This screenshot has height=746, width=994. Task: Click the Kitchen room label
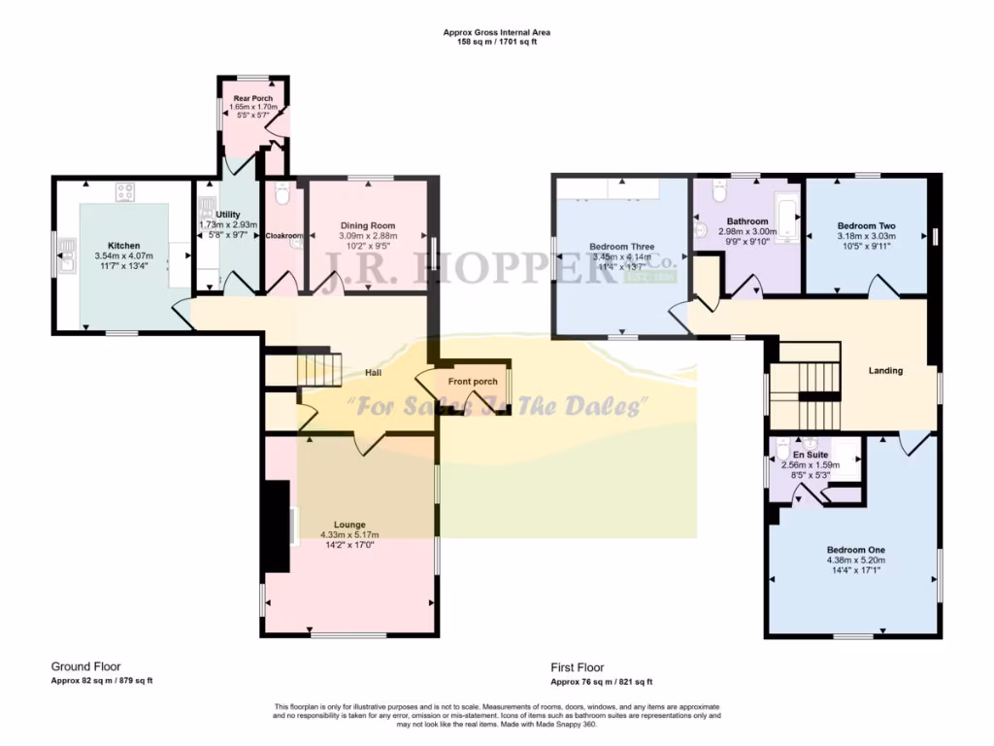124,246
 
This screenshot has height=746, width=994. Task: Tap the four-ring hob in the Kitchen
125,191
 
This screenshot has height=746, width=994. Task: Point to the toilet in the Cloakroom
282,197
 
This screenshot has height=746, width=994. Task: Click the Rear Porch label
253,98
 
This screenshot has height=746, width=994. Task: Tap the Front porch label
473,382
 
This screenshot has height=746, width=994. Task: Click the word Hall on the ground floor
373,373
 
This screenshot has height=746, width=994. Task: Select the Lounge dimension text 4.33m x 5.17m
349,534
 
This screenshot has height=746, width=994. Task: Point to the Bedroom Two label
867,225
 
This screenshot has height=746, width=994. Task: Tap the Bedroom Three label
621,247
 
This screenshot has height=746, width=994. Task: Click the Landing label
885,370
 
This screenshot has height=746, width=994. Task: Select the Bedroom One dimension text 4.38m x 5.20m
855,559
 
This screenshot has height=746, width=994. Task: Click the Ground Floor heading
86,667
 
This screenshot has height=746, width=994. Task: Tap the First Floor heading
578,667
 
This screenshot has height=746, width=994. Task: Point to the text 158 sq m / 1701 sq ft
497,43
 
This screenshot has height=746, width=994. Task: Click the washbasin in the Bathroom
703,230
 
